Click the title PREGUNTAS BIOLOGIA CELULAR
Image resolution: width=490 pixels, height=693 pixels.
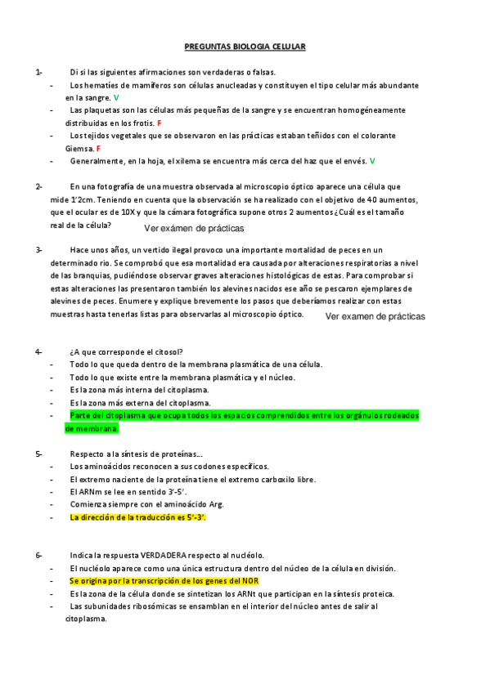point(245,47)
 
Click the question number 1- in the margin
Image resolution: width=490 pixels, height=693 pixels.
point(38,72)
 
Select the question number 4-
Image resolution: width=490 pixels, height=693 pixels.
point(38,351)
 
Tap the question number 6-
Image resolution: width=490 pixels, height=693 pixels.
point(38,556)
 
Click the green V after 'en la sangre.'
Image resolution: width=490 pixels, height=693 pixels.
point(117,97)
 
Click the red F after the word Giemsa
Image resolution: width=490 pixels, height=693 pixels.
point(98,149)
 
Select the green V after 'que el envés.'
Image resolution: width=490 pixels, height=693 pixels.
point(372,161)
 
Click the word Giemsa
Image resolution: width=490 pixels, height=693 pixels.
point(79,149)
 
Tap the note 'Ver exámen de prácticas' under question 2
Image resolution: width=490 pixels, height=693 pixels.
point(194,229)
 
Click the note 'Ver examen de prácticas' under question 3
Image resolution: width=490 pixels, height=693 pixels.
point(375,315)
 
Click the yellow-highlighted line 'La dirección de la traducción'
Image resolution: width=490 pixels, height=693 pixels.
point(138,517)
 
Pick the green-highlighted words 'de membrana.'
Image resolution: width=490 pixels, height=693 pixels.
point(92,427)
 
